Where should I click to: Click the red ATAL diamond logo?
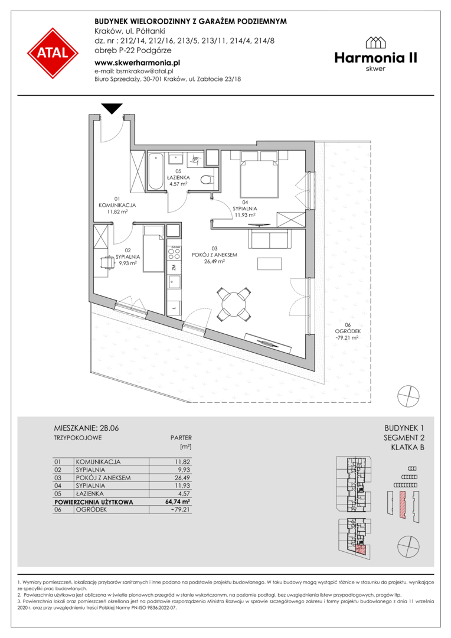tap(53, 53)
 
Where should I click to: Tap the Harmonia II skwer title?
tap(376, 54)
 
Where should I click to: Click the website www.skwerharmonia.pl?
tap(138, 63)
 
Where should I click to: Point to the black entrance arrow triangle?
tap(112, 109)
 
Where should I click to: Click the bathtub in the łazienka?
tap(155, 171)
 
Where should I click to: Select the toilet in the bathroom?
tap(208, 178)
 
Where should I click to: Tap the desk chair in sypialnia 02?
tap(106, 263)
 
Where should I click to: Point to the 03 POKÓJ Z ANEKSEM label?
tap(214, 255)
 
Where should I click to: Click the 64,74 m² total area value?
tap(178, 502)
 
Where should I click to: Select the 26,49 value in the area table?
tap(182, 478)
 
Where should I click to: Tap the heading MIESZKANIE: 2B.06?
tap(86, 428)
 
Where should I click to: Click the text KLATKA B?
tap(407, 448)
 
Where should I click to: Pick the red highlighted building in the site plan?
tap(403, 504)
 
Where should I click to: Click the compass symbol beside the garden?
tap(408, 395)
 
